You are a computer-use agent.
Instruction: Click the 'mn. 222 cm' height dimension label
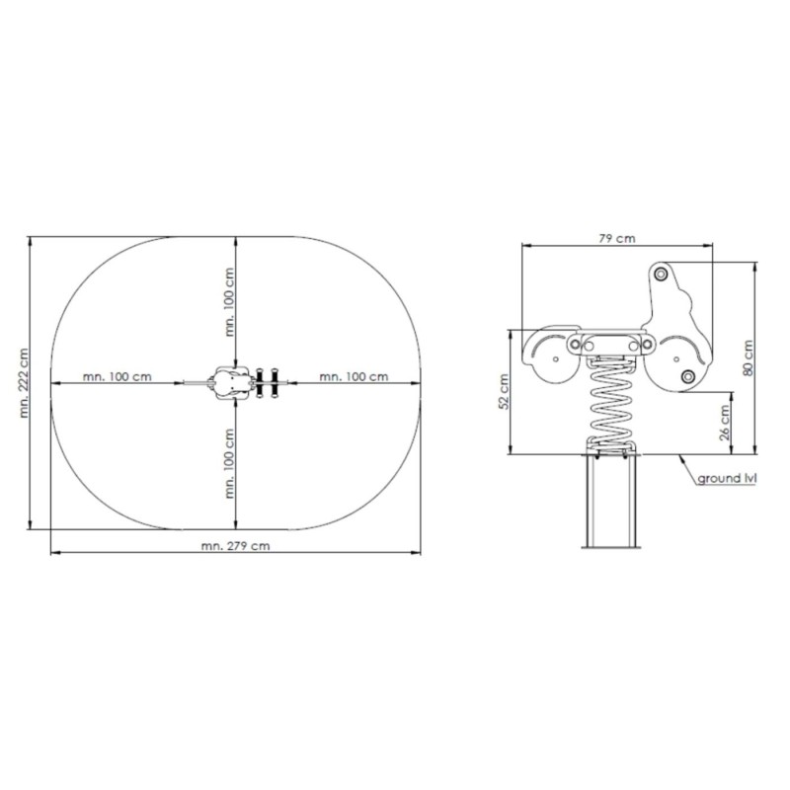tap(24, 383)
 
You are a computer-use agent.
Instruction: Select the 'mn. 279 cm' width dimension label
tap(235, 546)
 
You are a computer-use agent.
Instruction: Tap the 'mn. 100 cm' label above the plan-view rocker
tap(230, 302)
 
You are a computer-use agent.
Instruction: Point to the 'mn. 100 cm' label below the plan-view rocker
tap(230, 463)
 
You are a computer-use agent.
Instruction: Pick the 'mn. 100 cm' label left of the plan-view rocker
tap(117, 376)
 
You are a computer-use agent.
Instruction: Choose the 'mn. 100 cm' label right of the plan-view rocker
tap(354, 376)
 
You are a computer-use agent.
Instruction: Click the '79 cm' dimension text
tap(617, 238)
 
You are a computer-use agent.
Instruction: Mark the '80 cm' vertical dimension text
tap(748, 357)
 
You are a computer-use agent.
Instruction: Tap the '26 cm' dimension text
tap(725, 423)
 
